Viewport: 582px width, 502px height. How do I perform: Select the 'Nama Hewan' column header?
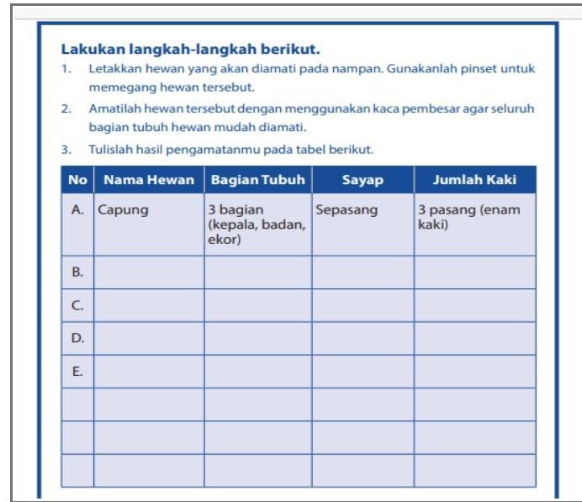tap(149, 181)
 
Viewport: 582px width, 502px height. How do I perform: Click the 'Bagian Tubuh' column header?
tap(257, 181)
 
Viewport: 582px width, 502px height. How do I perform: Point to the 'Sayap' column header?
tap(362, 181)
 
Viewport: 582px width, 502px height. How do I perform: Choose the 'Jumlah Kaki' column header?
tap(474, 181)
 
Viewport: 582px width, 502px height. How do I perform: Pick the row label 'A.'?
tap(77, 210)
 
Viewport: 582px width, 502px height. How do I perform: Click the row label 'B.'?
tap(77, 272)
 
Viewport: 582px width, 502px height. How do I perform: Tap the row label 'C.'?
tap(77, 305)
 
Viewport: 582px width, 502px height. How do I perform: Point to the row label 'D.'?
tap(77, 338)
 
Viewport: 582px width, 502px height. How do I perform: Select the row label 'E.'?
tap(77, 371)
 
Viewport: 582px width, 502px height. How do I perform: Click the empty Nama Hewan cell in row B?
tap(149, 272)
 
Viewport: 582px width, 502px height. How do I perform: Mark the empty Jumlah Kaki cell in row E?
tap(474, 371)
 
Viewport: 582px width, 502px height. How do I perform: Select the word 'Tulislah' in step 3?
tap(109, 150)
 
